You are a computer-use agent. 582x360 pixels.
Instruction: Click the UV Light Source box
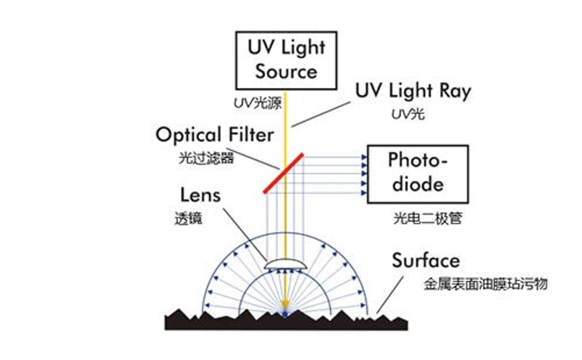[286, 60]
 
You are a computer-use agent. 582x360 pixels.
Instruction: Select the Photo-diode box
[417, 173]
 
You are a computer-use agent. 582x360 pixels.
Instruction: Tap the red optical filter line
[283, 172]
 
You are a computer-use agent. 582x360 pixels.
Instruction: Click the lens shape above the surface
[284, 264]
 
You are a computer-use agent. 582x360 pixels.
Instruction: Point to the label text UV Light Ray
[413, 91]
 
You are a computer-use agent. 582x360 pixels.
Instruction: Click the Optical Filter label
[214, 135]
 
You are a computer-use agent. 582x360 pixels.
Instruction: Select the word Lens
[200, 195]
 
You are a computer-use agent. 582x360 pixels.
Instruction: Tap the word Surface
[426, 261]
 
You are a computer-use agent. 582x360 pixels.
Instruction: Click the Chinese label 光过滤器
[206, 158]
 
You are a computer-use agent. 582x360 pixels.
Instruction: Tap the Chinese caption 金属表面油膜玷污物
[486, 285]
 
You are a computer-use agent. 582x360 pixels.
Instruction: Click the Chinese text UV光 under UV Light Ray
[408, 114]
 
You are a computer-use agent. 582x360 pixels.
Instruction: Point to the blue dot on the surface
[285, 314]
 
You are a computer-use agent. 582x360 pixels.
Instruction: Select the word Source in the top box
[286, 71]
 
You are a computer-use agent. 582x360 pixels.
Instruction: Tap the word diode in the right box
[417, 184]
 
